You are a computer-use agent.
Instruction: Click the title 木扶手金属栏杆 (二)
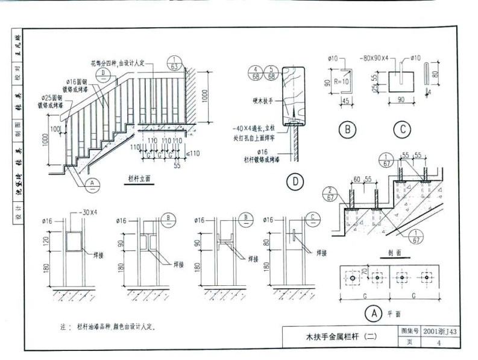pos(341,337)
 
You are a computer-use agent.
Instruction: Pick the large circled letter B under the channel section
pos(348,129)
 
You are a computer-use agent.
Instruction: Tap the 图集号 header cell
pos(409,331)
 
